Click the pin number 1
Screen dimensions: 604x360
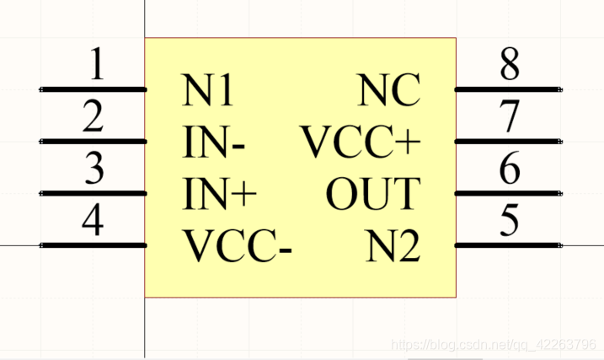[98, 66]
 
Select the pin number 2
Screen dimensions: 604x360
[94, 118]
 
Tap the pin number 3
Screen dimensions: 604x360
[94, 170]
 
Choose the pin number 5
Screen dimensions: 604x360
[509, 222]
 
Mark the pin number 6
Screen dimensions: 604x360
[509, 170]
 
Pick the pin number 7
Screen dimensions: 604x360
[509, 118]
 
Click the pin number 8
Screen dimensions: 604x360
[509, 66]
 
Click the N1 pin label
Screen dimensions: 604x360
[209, 92]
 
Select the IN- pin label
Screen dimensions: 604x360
[215, 143]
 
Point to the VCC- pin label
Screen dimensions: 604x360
[238, 247]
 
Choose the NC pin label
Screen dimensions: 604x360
[389, 92]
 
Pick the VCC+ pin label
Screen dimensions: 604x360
[361, 143]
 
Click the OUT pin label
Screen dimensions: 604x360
[372, 195]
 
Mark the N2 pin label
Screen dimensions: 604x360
[393, 247]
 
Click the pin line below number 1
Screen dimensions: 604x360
[94, 89]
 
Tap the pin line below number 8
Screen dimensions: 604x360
[508, 89]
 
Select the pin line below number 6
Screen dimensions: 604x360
[508, 193]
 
